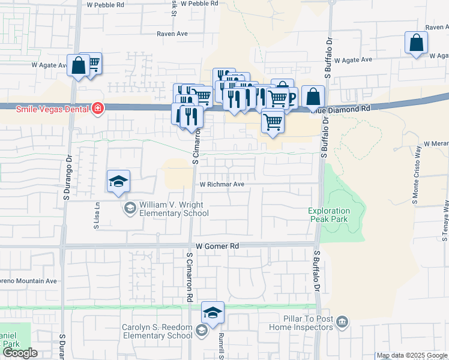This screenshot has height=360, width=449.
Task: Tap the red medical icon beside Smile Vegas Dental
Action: pos(97,109)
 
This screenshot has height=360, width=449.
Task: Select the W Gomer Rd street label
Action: pos(217,246)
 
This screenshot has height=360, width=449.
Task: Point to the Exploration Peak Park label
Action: pos(330,215)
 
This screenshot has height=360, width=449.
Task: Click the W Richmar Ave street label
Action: pos(222,185)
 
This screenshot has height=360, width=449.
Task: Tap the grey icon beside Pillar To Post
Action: pos(342,323)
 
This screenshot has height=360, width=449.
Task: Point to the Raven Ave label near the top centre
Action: pos(173,34)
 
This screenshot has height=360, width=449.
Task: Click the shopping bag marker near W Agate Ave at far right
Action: pos(415,43)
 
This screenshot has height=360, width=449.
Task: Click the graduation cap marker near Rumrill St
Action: pos(212,313)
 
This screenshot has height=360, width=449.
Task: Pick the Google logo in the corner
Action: pos(19,353)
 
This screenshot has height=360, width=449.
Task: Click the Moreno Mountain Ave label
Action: pos(28,280)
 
